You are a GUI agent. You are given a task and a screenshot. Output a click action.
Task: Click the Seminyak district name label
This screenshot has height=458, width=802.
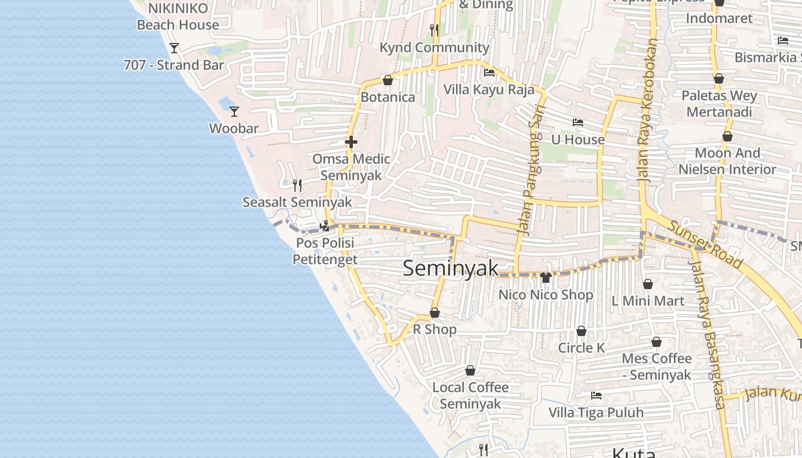pos(450,268)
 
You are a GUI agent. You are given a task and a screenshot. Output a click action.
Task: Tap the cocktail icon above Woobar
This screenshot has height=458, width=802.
pos(234,111)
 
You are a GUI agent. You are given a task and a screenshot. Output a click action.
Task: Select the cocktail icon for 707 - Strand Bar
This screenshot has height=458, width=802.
pos(174,48)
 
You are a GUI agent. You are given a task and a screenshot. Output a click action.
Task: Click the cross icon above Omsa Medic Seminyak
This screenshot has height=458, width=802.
pos(351,142)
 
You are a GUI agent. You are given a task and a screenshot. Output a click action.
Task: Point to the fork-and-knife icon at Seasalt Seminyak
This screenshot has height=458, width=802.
pos(297,185)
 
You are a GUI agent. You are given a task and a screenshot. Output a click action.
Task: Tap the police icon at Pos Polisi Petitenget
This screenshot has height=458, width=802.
pos(325,226)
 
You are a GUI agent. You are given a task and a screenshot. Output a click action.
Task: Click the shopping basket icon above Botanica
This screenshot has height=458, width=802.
pos(388,80)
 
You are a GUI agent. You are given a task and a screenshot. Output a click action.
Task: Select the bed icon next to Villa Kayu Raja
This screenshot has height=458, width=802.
pos(489,73)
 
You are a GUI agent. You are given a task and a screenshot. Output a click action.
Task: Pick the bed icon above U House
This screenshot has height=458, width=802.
pos(577,123)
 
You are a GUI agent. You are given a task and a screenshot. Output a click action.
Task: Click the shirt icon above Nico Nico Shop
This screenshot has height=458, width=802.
pos(545,278)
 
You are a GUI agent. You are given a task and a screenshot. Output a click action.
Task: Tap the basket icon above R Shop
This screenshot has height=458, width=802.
pos(435,313)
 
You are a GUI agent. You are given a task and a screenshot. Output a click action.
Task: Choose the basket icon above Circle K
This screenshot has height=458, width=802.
pos(581,331)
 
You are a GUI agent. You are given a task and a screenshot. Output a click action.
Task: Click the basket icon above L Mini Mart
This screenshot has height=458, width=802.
pos(648,284)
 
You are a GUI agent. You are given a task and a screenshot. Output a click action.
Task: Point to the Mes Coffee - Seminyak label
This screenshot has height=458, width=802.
pos(656,366)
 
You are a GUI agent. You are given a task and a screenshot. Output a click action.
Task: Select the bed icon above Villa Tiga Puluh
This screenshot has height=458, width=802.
pos(596,395)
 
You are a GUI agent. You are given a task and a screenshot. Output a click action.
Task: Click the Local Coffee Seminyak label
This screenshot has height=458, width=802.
pos(470,395)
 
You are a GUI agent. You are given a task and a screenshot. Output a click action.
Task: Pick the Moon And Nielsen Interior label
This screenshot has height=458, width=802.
pos(727,161)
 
